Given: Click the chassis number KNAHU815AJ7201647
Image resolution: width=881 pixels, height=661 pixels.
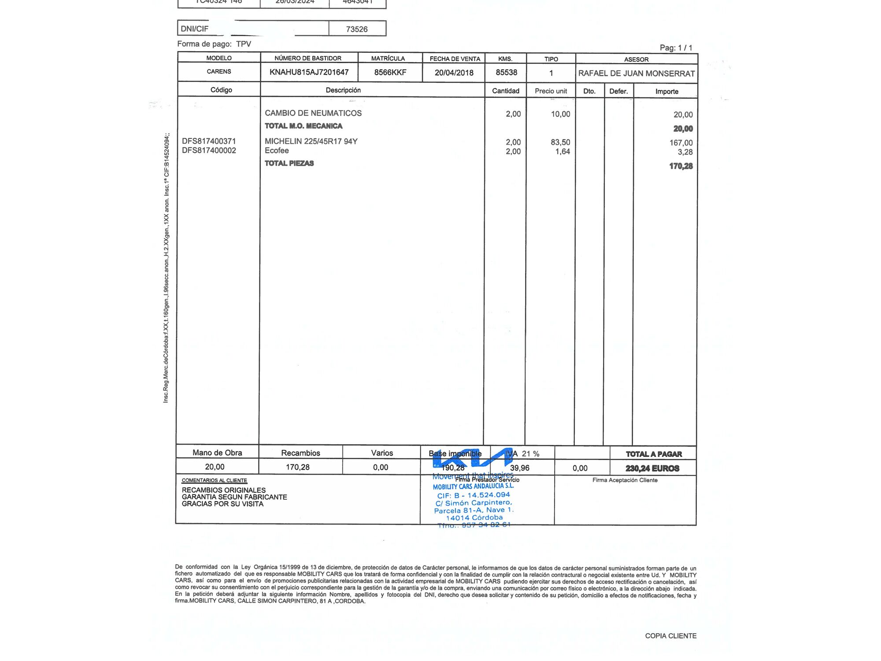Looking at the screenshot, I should click(309, 72).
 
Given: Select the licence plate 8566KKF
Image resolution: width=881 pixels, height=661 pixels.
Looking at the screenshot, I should click(390, 72).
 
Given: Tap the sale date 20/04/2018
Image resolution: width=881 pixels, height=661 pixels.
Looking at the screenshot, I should click(454, 73).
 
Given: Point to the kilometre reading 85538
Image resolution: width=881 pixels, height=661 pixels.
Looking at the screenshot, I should click(506, 72).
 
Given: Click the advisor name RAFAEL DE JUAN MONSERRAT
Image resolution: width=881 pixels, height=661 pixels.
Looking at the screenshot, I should click(636, 74).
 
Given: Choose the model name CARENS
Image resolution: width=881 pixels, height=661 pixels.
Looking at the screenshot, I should click(219, 71).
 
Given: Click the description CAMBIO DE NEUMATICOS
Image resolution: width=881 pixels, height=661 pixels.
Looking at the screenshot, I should click(313, 113).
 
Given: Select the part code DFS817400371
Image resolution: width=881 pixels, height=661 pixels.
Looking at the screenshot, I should click(209, 141).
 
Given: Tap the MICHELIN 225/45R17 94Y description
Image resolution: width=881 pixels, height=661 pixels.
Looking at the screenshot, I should click(311, 141).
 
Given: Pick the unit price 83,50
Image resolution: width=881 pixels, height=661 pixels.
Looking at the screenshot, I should click(560, 142).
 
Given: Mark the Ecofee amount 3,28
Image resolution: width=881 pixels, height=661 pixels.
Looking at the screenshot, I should click(685, 152).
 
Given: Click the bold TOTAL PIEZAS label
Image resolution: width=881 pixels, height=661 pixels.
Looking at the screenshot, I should click(289, 163).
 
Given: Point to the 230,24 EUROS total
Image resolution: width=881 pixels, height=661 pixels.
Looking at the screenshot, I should click(652, 468).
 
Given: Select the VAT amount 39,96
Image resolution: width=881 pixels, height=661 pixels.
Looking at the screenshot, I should click(519, 468).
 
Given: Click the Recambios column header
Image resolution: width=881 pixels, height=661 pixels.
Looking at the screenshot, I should click(300, 453).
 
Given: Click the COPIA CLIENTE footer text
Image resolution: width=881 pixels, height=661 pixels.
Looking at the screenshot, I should click(670, 636).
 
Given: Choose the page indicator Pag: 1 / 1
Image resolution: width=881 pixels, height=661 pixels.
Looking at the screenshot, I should click(676, 48).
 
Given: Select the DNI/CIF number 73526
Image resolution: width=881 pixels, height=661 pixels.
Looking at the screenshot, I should click(356, 29).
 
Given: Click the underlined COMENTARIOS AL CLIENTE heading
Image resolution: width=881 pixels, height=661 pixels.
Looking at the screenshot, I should click(214, 480).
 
